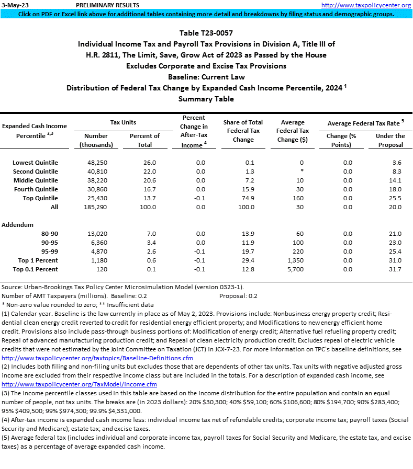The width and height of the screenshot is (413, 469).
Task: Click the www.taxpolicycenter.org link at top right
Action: pyautogui.click(x=366, y=5)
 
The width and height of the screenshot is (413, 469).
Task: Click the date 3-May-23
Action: pyautogui.click(x=15, y=5)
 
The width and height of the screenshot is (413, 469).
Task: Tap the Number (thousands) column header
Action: pyautogui.click(x=96, y=140)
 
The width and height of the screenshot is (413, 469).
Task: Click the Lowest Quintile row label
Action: pyautogui.click(x=35, y=163)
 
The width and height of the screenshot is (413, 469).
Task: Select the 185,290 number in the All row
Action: pyautogui.click(x=96, y=207)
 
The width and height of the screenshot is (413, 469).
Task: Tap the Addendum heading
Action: pyautogui.click(x=17, y=224)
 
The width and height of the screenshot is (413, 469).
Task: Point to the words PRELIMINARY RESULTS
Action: pyautogui.click(x=107, y=5)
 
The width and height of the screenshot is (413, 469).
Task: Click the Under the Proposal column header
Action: pyautogui.click(x=390, y=140)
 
